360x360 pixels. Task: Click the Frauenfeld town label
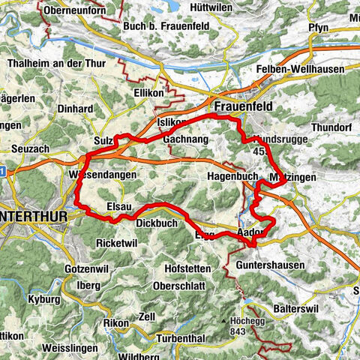click(x=242, y=107)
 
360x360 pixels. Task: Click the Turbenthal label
click(x=179, y=338)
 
